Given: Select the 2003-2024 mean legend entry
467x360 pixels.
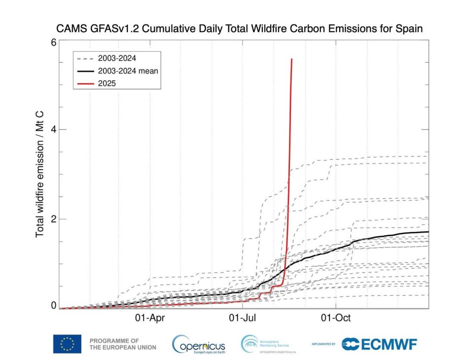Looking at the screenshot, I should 128,71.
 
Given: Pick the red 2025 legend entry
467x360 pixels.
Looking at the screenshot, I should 107,83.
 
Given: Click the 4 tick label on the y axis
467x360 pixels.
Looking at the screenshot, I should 54,130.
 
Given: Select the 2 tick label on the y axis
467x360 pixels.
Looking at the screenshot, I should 54,219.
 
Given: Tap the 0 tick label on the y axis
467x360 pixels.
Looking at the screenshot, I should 54,306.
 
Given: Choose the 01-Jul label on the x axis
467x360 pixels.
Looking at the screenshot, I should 243,318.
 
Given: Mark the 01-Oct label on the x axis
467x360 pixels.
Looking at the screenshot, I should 336,318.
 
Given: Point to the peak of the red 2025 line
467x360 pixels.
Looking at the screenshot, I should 292,59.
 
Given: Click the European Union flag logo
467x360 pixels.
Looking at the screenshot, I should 67,344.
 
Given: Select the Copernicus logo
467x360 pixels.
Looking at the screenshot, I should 198,344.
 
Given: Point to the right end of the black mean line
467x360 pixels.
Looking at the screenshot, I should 428,232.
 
